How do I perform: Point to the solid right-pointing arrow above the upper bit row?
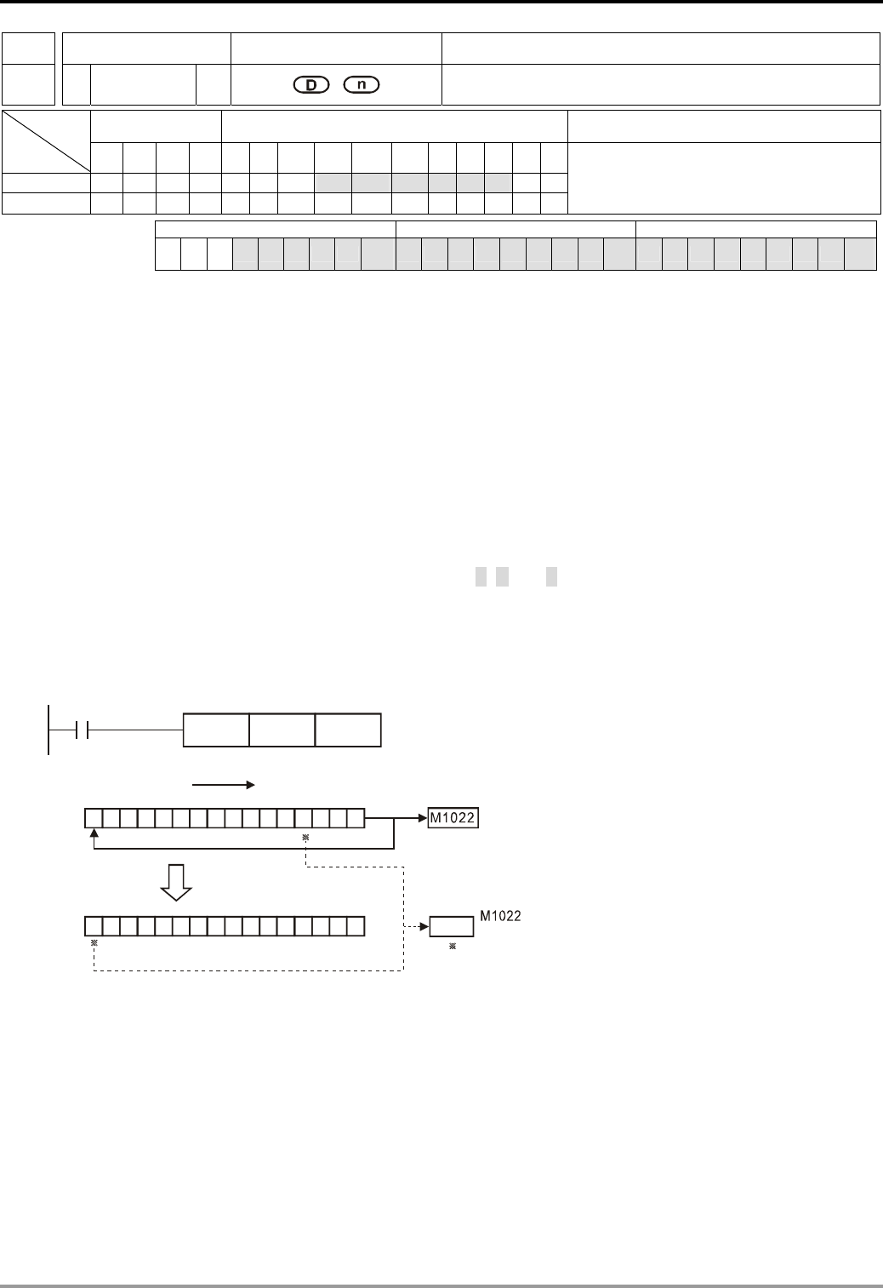coord(224,785)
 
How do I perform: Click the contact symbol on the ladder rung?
coord(82,730)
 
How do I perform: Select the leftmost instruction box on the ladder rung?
coord(217,730)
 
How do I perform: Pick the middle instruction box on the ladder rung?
coord(282,730)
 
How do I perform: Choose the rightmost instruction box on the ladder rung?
coord(348,730)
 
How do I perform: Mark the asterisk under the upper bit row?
coord(305,838)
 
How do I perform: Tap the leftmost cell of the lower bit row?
coord(94,925)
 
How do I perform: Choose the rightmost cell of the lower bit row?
coord(356,925)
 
